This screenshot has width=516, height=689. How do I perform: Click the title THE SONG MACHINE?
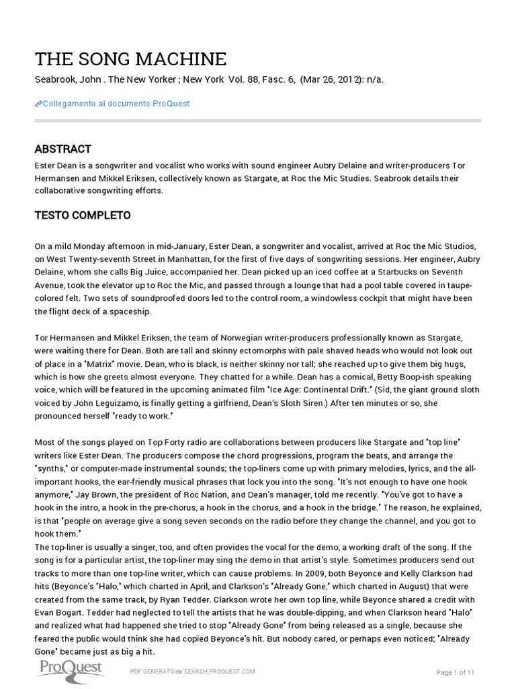[x=130, y=59]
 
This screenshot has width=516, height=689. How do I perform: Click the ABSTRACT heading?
[x=62, y=149]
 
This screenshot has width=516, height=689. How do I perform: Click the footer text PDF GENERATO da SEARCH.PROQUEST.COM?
[x=193, y=672]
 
